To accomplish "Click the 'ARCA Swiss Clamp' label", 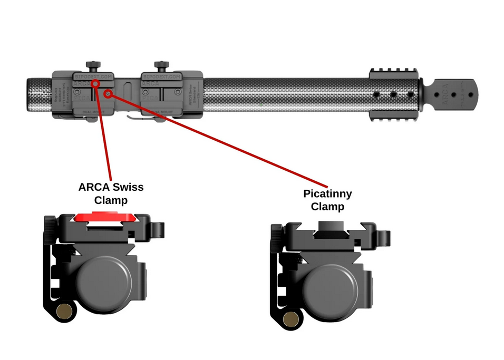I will tap(111, 193).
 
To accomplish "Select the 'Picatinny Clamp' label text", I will tap(327, 200).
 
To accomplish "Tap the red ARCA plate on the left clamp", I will tap(103, 217).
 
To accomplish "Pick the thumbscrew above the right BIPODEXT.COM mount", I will tap(161, 65).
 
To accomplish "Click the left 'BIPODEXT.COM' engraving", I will tap(94, 77).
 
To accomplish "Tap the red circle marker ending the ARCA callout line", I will tap(96, 83).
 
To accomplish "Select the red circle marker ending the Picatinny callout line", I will tap(108, 94).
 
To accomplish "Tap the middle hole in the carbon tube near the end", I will tap(393, 95).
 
